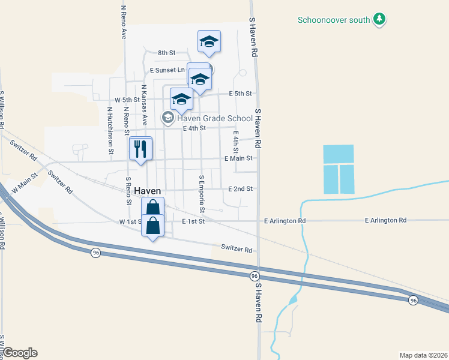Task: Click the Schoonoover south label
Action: (334, 20)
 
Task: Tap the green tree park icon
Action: (379, 20)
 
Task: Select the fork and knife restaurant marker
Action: (141, 148)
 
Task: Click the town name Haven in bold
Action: (148, 190)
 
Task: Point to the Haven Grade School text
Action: (214, 118)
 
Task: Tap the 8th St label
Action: (166, 53)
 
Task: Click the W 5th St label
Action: (127, 100)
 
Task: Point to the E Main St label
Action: (240, 158)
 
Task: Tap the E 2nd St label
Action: (240, 188)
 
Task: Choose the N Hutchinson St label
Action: (110, 130)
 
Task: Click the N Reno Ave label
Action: (124, 22)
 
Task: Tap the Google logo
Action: (20, 353)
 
